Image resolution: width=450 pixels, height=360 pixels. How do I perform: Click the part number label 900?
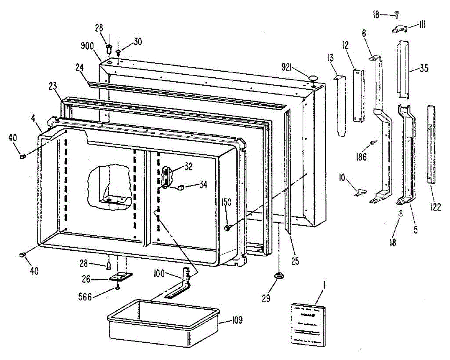(87, 47)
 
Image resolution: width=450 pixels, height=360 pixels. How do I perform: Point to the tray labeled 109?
(163, 322)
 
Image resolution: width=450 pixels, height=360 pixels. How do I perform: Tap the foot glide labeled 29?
(279, 276)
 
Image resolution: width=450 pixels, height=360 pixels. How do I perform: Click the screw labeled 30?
(118, 53)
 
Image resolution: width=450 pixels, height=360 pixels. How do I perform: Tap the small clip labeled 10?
(359, 193)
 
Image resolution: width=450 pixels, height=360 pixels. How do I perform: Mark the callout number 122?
(435, 206)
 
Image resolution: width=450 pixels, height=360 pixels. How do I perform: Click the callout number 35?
(424, 69)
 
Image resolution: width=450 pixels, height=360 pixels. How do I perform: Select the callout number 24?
(80, 68)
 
